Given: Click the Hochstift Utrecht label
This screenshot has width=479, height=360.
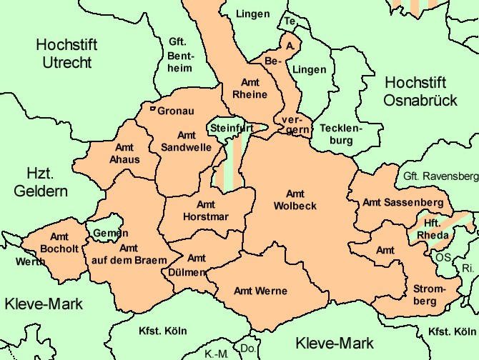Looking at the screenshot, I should (x=66, y=54).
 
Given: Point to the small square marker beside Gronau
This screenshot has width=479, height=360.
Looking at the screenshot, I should (x=153, y=109).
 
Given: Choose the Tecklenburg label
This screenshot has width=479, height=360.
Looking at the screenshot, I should (x=342, y=134).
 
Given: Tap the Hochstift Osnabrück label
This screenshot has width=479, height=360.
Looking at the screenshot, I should (x=420, y=91).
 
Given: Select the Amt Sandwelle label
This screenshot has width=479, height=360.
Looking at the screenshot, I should (x=186, y=141).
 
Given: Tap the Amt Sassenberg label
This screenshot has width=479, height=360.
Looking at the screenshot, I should (x=403, y=202).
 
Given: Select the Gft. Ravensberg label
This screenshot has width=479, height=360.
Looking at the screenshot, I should (x=440, y=175).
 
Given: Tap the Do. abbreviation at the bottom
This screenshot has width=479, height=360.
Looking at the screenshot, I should (x=247, y=348).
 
